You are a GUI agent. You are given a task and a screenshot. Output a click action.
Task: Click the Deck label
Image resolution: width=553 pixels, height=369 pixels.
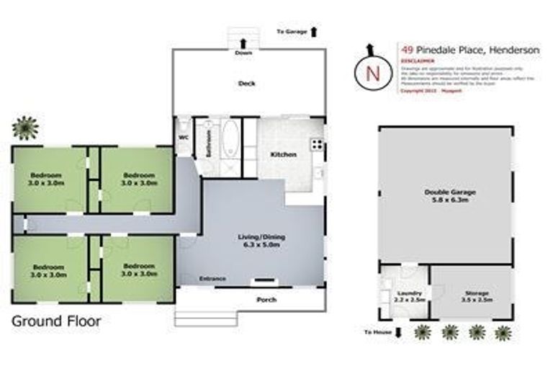pyautogui.click(x=247, y=84)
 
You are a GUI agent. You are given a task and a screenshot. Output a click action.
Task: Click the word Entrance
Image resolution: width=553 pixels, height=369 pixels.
pyautogui.click(x=212, y=279)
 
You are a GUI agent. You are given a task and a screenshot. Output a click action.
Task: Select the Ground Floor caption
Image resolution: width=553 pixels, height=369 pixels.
pyautogui.click(x=56, y=321)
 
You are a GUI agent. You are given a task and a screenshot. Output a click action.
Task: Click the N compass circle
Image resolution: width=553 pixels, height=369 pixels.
pyautogui.click(x=372, y=72)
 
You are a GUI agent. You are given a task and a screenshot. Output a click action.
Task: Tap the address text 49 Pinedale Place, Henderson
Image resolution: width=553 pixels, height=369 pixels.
pyautogui.click(x=469, y=50)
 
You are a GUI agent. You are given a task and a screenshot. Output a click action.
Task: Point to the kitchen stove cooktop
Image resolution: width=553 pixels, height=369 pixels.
pyautogui.click(x=316, y=144)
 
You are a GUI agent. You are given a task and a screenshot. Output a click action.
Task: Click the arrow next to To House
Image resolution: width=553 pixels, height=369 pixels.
pyautogui.click(x=399, y=333)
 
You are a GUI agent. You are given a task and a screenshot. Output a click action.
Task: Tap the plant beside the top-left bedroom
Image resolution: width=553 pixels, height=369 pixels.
pyautogui.click(x=25, y=128)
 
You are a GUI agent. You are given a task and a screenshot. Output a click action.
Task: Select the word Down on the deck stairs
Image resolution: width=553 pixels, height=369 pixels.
pyautogui.click(x=243, y=52)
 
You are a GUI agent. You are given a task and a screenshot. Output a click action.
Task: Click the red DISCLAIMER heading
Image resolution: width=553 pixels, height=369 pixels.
pyautogui.click(x=415, y=61)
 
